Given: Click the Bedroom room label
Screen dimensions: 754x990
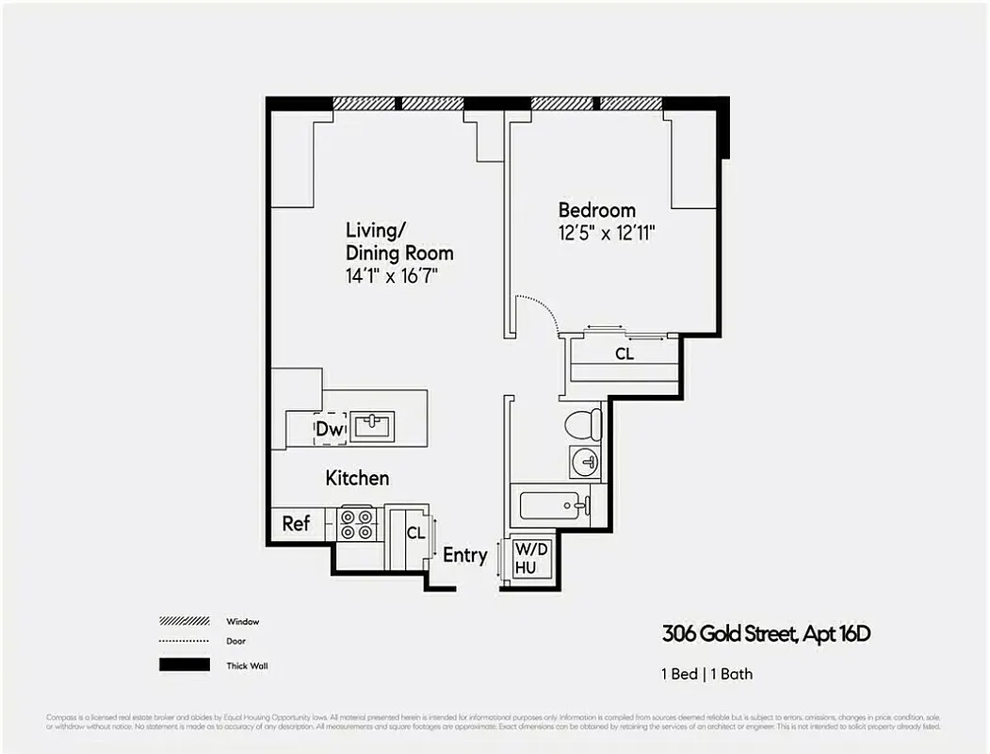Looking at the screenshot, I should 596,210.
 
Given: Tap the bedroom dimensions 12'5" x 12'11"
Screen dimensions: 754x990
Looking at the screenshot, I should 607,233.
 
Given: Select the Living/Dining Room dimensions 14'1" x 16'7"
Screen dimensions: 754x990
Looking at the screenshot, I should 392,276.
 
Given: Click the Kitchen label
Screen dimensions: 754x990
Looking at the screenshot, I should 357,478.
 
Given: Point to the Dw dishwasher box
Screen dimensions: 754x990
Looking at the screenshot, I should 330,430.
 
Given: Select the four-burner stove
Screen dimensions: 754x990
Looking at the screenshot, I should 357,524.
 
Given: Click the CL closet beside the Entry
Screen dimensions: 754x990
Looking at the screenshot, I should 414,533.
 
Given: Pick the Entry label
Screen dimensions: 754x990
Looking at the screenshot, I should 464,555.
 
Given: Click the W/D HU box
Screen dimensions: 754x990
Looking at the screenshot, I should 525,557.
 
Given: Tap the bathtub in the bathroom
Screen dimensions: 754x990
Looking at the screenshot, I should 553,506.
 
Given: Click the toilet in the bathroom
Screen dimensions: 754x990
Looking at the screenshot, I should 583,423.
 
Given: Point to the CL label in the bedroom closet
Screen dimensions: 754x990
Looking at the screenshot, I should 624,354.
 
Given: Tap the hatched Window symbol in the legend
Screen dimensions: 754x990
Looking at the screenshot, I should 184,621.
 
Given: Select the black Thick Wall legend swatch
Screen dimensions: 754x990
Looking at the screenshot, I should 184,665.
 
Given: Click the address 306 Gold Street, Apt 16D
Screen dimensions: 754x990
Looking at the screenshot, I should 766,634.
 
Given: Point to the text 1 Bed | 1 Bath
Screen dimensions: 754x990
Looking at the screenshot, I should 706,674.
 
